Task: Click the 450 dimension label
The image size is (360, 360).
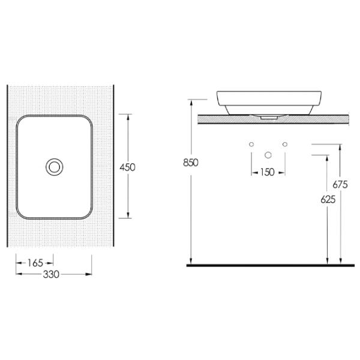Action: click(x=127, y=167)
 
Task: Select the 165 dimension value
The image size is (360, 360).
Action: click(x=35, y=263)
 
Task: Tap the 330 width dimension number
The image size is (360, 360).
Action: click(x=51, y=274)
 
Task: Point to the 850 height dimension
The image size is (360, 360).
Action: click(x=191, y=163)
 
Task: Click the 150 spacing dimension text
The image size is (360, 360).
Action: click(x=268, y=172)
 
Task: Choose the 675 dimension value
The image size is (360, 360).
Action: click(x=340, y=184)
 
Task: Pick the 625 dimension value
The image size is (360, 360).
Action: click(x=328, y=200)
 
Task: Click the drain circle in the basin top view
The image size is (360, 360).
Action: click(x=55, y=167)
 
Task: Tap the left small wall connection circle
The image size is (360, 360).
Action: click(x=251, y=144)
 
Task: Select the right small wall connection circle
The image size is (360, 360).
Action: click(x=285, y=144)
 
